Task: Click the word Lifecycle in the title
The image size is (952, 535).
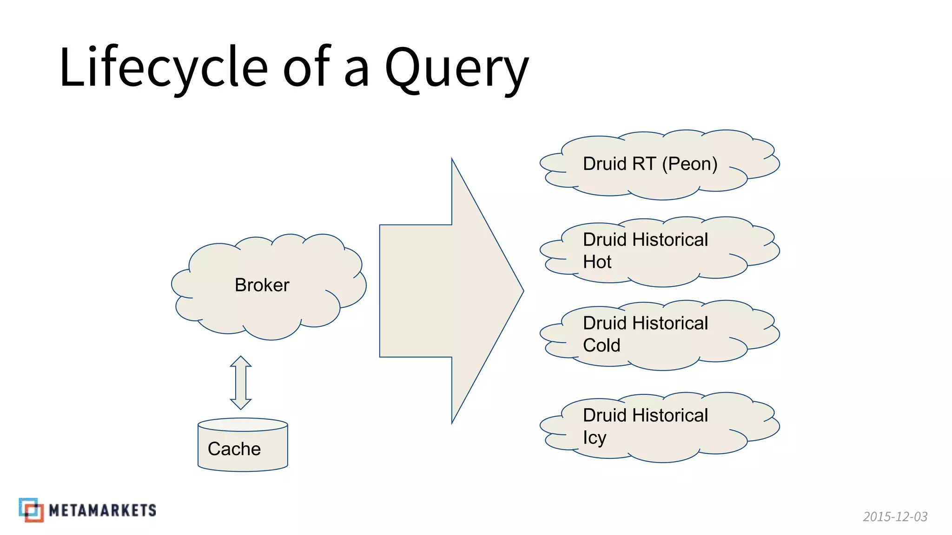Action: tap(163, 67)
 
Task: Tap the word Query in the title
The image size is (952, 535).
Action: tap(456, 69)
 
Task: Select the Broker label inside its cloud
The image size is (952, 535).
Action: tap(262, 285)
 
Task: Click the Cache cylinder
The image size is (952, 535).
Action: tap(243, 449)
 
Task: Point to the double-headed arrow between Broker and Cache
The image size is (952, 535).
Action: tap(241, 383)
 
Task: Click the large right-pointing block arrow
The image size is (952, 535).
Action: tap(442, 291)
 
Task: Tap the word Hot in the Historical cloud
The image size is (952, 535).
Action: tap(597, 262)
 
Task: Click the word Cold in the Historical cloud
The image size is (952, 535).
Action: tap(602, 346)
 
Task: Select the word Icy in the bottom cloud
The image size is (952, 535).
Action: tap(595, 438)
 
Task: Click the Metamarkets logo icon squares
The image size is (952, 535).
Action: tap(31, 510)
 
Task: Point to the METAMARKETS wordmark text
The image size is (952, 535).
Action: tap(102, 510)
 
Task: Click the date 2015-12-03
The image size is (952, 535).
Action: tap(895, 516)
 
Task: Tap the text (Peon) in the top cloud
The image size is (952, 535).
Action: tap(689, 164)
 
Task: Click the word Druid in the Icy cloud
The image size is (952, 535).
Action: tap(605, 415)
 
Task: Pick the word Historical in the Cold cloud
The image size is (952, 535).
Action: tap(670, 323)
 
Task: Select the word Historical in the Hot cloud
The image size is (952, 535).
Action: tap(670, 240)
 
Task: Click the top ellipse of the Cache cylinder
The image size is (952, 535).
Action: tap(243, 424)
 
